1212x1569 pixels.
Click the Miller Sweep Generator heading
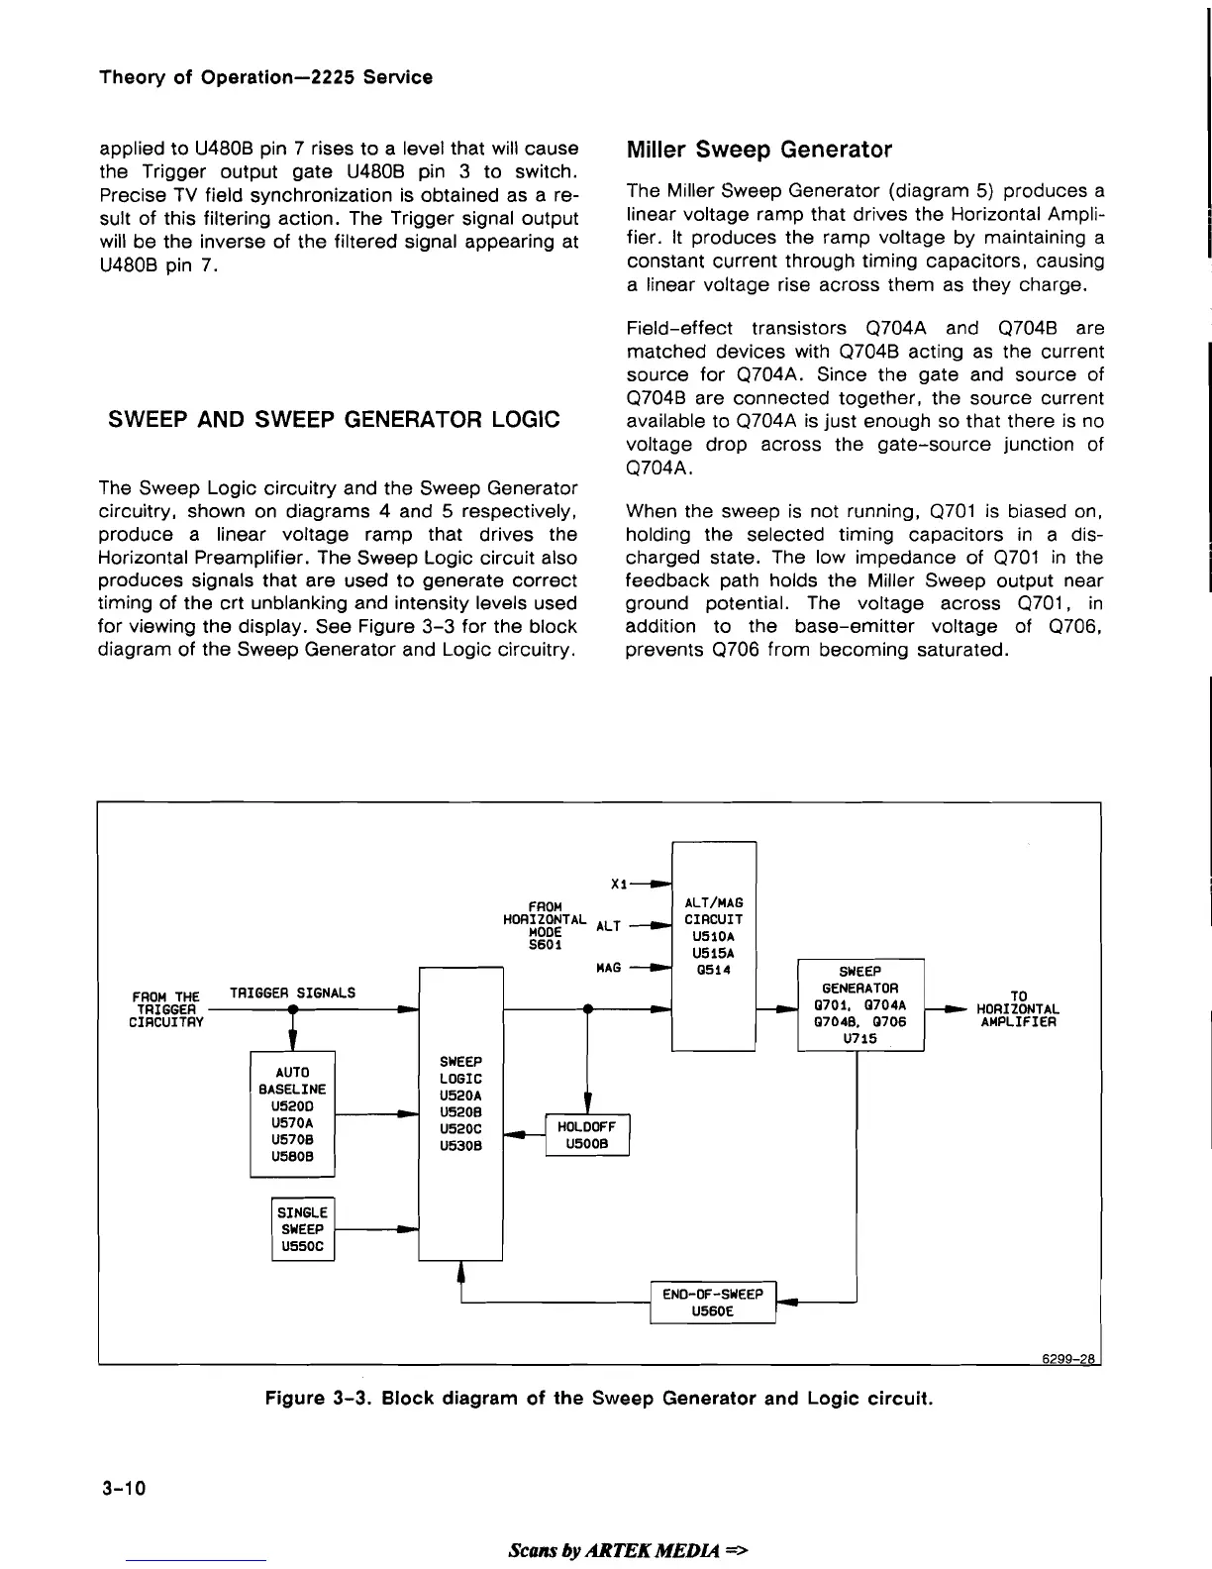759,150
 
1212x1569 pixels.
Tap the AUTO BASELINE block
292,1113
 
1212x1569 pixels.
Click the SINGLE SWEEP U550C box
303,1229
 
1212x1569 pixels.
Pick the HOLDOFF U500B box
587,1135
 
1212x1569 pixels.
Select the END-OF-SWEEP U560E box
712,1304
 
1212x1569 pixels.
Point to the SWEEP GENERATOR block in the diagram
859,1004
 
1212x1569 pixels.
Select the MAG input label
609,967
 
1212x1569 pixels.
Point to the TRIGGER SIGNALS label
292,992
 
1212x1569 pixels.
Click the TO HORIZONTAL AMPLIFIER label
1018,1008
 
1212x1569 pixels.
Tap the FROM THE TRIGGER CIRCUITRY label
165,1008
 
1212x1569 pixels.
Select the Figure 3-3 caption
599,1399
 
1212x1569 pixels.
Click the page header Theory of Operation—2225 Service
266,77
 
